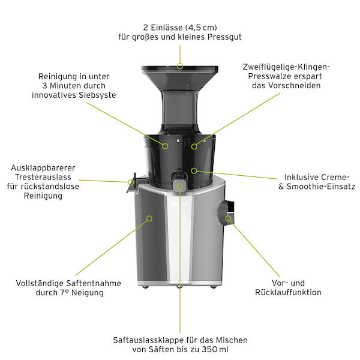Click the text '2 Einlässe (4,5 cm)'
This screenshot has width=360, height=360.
(180, 27)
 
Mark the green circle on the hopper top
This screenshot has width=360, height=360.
(180, 65)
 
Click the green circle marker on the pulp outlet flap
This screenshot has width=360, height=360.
(131, 180)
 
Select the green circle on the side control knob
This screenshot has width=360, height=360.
(228, 219)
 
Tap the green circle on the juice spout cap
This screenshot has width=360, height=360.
(180, 185)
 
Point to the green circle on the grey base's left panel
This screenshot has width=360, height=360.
(149, 219)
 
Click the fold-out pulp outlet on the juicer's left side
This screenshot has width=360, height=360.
(132, 184)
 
